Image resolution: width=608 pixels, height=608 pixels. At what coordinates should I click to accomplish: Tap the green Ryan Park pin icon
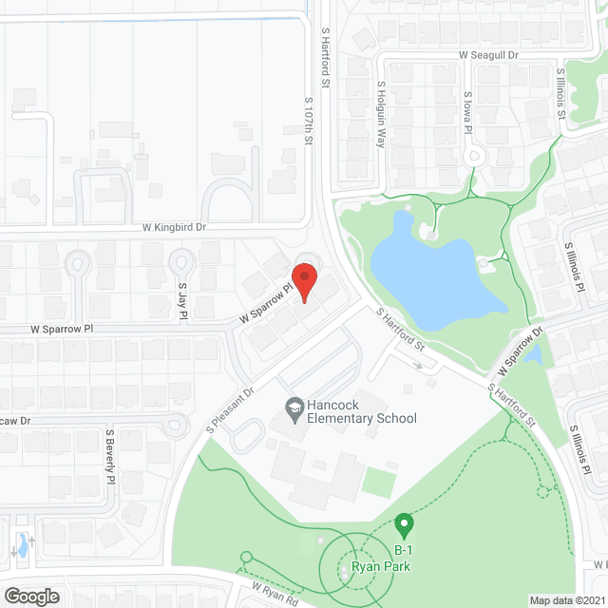pyautogui.click(x=404, y=524)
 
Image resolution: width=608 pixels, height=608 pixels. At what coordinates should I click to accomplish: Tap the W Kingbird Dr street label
pyautogui.click(x=174, y=227)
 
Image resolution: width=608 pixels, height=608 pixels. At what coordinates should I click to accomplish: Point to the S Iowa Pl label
pyautogui.click(x=467, y=113)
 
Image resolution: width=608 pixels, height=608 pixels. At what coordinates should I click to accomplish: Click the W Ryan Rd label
pyautogui.click(x=275, y=588)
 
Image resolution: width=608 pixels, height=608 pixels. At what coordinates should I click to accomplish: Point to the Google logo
pyautogui.click(x=31, y=596)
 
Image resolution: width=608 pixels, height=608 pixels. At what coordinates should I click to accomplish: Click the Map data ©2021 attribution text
pyautogui.click(x=567, y=599)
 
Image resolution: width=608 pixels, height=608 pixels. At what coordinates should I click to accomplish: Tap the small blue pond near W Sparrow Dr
pyautogui.click(x=533, y=355)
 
